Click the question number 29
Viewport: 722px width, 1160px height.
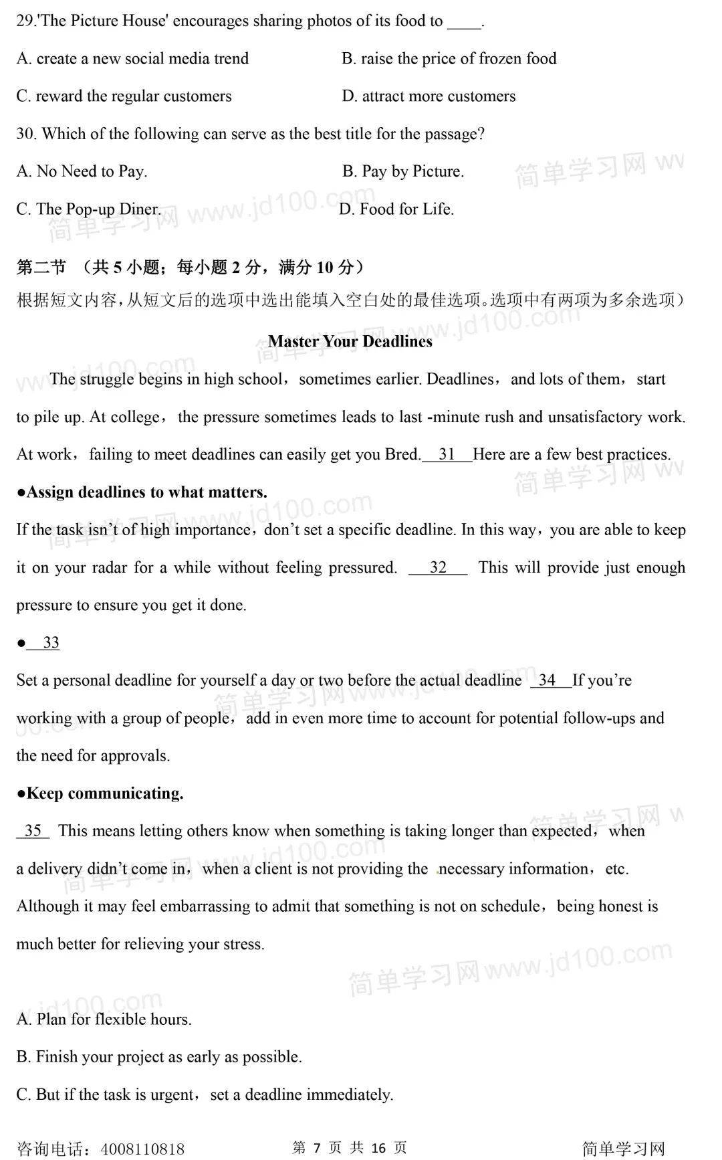click(x=25, y=21)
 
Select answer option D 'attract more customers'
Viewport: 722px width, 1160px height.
click(x=429, y=96)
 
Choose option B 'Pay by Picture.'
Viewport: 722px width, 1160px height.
click(x=403, y=172)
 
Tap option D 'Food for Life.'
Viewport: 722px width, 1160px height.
click(x=396, y=209)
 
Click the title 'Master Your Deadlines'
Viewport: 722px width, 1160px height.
click(x=350, y=341)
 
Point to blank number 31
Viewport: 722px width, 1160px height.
click(x=447, y=455)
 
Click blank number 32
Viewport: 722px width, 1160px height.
click(x=438, y=568)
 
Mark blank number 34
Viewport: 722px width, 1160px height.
click(x=548, y=680)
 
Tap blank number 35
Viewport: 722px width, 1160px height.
click(x=33, y=831)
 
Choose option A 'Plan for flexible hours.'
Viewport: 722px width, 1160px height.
click(x=104, y=1020)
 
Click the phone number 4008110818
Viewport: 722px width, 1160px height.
click(x=142, y=1149)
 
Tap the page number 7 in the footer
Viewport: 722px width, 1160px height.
click(x=317, y=1148)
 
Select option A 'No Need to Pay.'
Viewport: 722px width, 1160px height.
click(x=82, y=172)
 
